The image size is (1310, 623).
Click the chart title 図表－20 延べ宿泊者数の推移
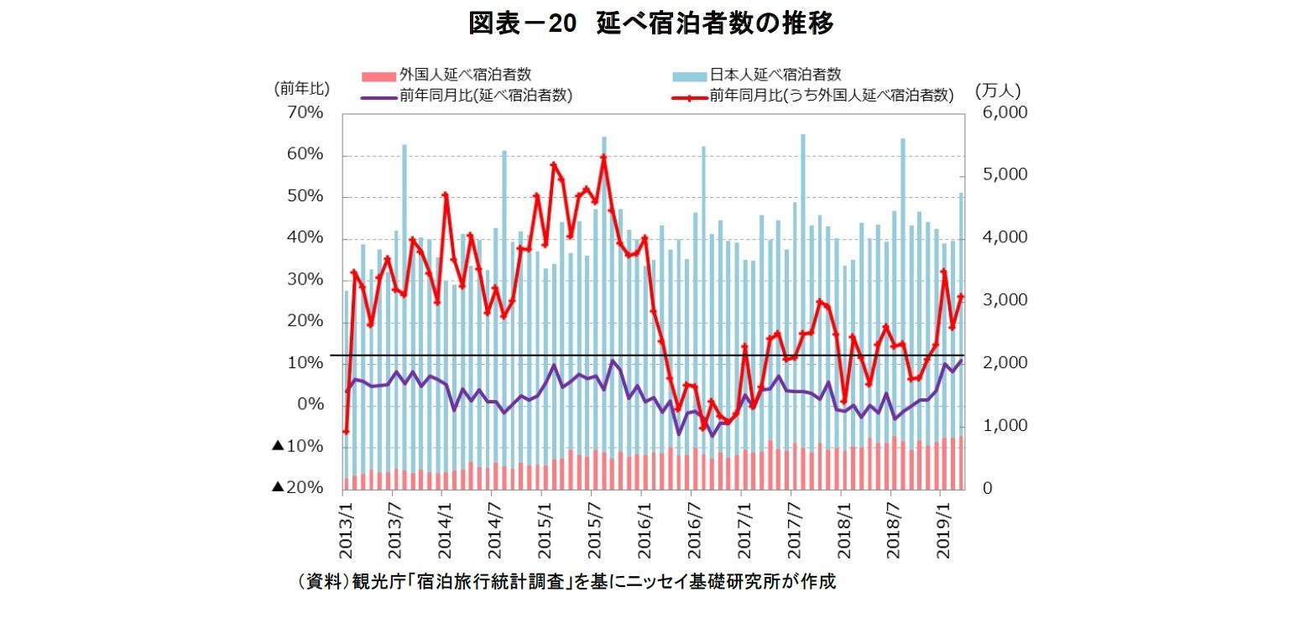651,24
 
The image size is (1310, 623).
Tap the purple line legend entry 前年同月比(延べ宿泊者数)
466,96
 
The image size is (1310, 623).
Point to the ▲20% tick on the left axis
297,488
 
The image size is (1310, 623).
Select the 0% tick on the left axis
310,405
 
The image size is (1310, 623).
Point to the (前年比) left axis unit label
301,88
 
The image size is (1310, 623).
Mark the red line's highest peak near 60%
603,157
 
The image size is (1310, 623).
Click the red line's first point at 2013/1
346,432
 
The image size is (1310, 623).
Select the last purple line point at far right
961,361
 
